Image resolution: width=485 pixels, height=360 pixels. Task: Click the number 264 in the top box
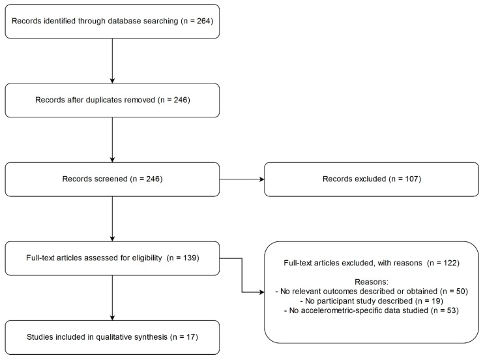pyautogui.click(x=204, y=21)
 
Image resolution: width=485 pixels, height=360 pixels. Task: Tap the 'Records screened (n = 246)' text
pyautogui.click(x=112, y=179)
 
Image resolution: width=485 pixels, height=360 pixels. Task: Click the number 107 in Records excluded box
pyautogui.click(x=412, y=179)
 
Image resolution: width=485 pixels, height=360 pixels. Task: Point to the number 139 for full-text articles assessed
pyautogui.click(x=190, y=258)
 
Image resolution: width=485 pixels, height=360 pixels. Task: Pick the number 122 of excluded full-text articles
pyautogui.click(x=450, y=263)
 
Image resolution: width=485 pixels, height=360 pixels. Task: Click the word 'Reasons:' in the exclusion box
pyautogui.click(x=371, y=282)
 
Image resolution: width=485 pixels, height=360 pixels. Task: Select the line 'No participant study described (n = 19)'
pyautogui.click(x=371, y=301)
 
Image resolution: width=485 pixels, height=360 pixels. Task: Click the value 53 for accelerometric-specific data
pyautogui.click(x=452, y=310)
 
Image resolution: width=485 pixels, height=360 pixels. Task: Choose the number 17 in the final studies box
pyautogui.click(x=191, y=337)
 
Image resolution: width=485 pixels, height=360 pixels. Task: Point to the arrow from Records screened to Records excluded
pyautogui.click(x=242, y=179)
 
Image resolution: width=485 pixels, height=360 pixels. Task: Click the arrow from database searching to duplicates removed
pyautogui.click(x=112, y=61)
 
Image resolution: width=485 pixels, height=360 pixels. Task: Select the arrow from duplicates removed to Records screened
pyautogui.click(x=112, y=140)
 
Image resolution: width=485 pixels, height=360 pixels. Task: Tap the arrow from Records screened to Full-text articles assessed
pyautogui.click(x=112, y=219)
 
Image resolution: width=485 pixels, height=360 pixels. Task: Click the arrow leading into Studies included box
pyautogui.click(x=112, y=298)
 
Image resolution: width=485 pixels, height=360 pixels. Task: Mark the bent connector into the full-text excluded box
pyautogui.click(x=242, y=275)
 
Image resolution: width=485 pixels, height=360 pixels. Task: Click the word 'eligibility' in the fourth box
pyautogui.click(x=147, y=258)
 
